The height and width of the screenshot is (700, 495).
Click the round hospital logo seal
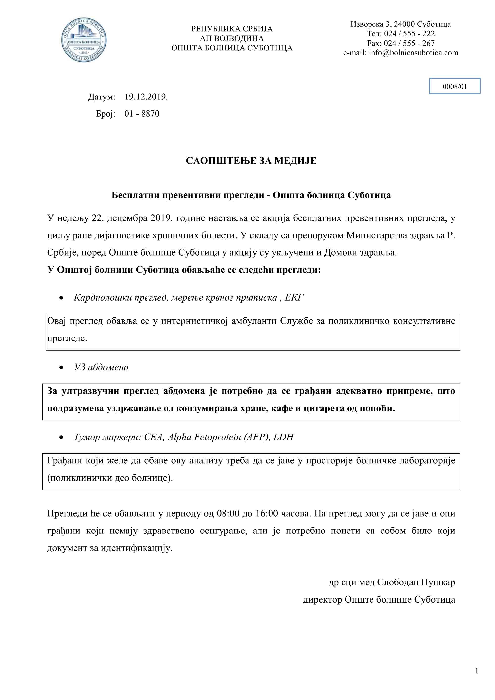[84, 40]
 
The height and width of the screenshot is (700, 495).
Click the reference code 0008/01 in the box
[454, 86]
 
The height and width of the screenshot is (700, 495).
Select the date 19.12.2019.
[146, 97]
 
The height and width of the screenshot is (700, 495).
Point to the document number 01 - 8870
[142, 114]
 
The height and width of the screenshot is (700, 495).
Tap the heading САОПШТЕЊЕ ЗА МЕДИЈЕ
[251, 161]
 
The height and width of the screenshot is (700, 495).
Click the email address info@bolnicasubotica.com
[413, 53]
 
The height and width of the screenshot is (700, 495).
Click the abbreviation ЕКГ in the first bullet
[294, 298]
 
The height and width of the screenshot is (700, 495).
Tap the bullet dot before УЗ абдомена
[62, 368]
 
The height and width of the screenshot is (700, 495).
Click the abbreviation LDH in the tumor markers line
[283, 437]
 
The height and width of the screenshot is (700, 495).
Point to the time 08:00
[228, 513]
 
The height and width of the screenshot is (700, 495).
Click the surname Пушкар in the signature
[438, 582]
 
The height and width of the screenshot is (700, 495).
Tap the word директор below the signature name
[322, 599]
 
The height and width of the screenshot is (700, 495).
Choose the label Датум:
[101, 97]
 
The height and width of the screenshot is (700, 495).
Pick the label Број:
[105, 114]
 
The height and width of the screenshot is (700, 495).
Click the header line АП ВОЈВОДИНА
[232, 38]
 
